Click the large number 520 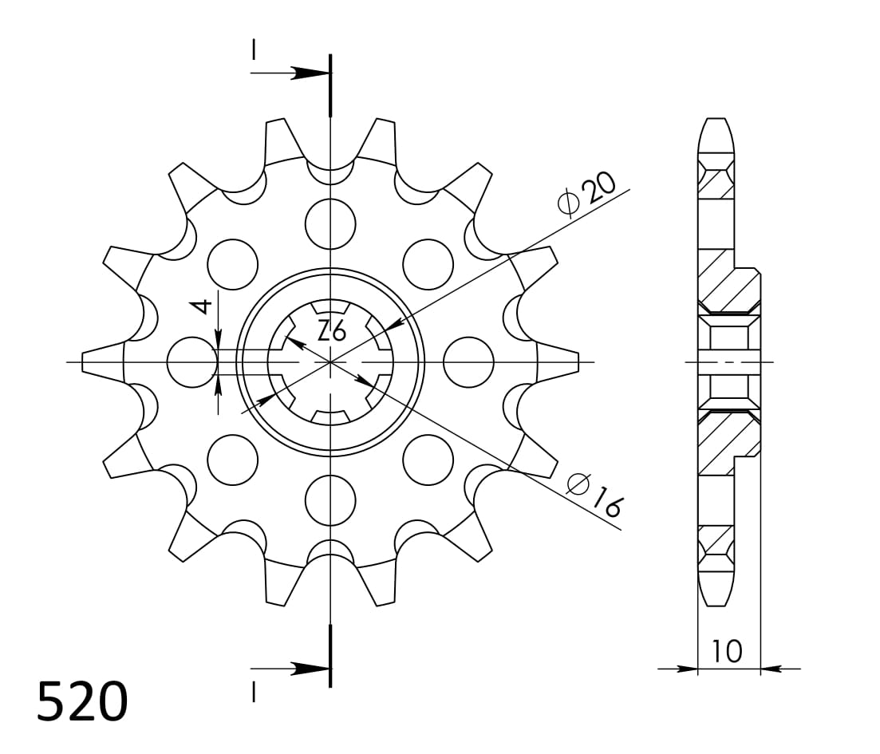pos(82,702)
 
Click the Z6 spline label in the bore pos(331,330)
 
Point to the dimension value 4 pos(203,306)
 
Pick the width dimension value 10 pos(727,651)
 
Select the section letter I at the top pos(254,50)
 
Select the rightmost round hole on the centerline pos(468,362)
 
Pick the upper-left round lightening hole pos(232,263)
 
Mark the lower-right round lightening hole pos(428,460)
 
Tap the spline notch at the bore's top pos(330,308)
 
